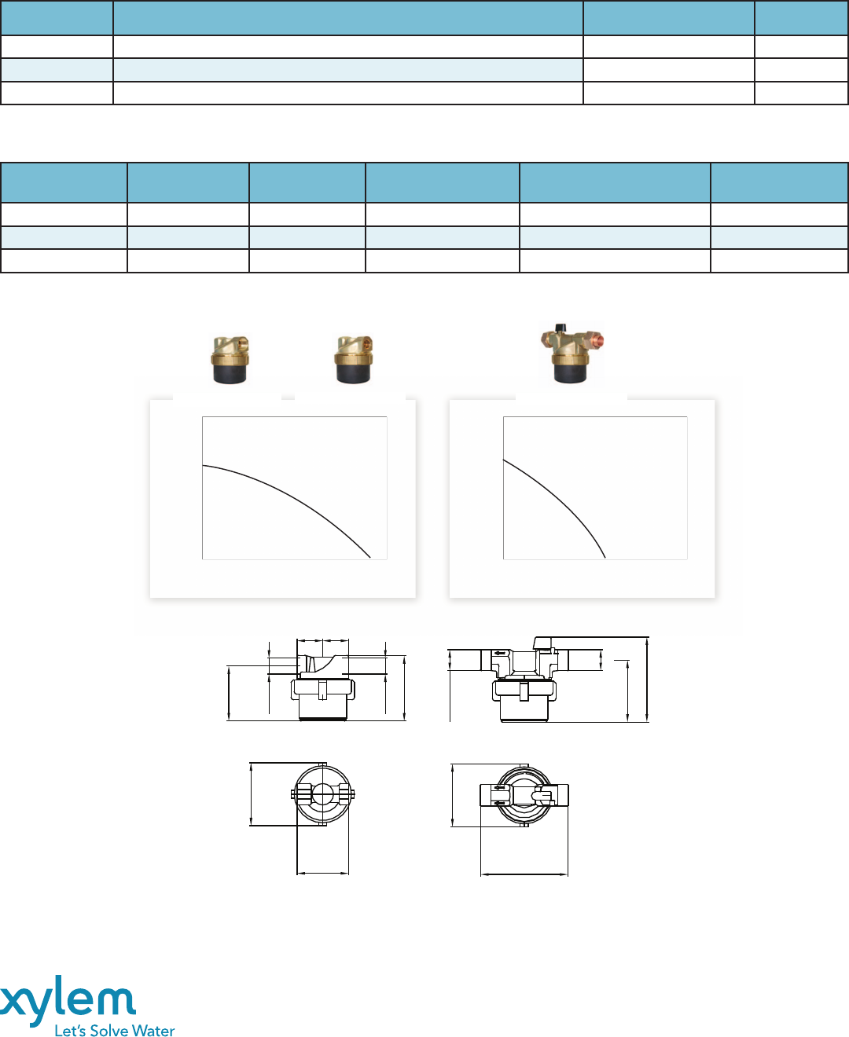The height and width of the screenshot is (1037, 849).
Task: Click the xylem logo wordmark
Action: point(68,999)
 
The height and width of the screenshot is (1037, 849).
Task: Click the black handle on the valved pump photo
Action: point(560,328)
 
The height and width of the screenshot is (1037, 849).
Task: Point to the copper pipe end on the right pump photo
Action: point(597,340)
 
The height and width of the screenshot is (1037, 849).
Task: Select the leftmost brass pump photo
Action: point(230,359)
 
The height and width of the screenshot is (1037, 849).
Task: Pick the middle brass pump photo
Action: point(354,359)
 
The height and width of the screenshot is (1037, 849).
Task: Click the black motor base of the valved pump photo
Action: point(571,373)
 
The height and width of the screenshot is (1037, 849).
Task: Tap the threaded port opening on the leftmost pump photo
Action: point(241,340)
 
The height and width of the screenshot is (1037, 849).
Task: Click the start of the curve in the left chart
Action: point(203,465)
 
